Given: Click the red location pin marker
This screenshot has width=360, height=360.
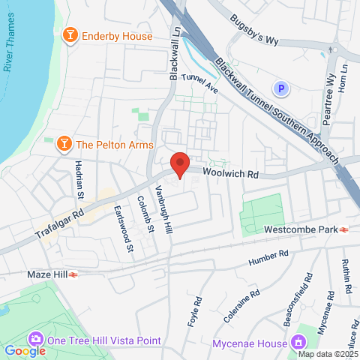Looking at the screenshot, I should coord(179,163).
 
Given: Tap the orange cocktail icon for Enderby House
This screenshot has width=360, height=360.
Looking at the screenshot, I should coord(70,35).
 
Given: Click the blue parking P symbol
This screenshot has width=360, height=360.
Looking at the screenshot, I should coord(282,88).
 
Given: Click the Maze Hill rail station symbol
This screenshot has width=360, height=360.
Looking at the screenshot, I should coord(73,275).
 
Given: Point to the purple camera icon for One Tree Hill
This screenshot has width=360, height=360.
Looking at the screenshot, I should coord(34,340).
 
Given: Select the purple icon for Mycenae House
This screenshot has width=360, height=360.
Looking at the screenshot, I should coord(298,343).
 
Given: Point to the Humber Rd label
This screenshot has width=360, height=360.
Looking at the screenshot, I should coord(268,258).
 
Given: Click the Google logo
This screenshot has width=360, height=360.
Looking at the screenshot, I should coord(25,350).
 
